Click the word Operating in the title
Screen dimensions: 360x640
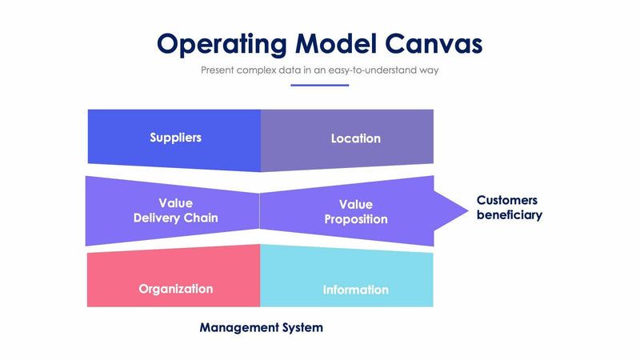tap(221, 43)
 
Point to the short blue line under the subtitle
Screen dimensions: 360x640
tap(319, 85)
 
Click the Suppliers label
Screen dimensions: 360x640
tap(175, 138)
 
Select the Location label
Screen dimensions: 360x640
tap(355, 138)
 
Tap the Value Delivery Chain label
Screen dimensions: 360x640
tap(175, 210)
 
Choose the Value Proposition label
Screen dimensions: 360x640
tap(355, 212)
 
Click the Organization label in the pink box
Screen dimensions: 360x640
tap(175, 289)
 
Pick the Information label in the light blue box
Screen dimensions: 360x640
tap(355, 290)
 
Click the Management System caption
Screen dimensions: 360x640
tap(261, 327)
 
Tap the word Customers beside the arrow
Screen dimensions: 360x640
tap(506, 200)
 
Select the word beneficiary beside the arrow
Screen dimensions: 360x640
tap(509, 215)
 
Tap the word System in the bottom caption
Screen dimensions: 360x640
tap(301, 327)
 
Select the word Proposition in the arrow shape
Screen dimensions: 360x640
tap(355, 219)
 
